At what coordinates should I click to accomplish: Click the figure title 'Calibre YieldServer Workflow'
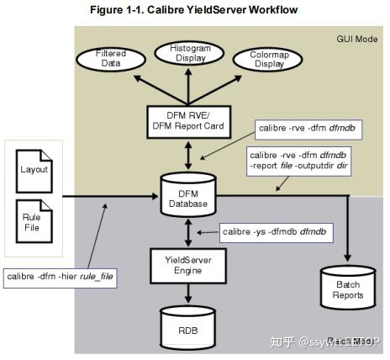pos(195,9)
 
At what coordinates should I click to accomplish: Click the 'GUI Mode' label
pos(356,39)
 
